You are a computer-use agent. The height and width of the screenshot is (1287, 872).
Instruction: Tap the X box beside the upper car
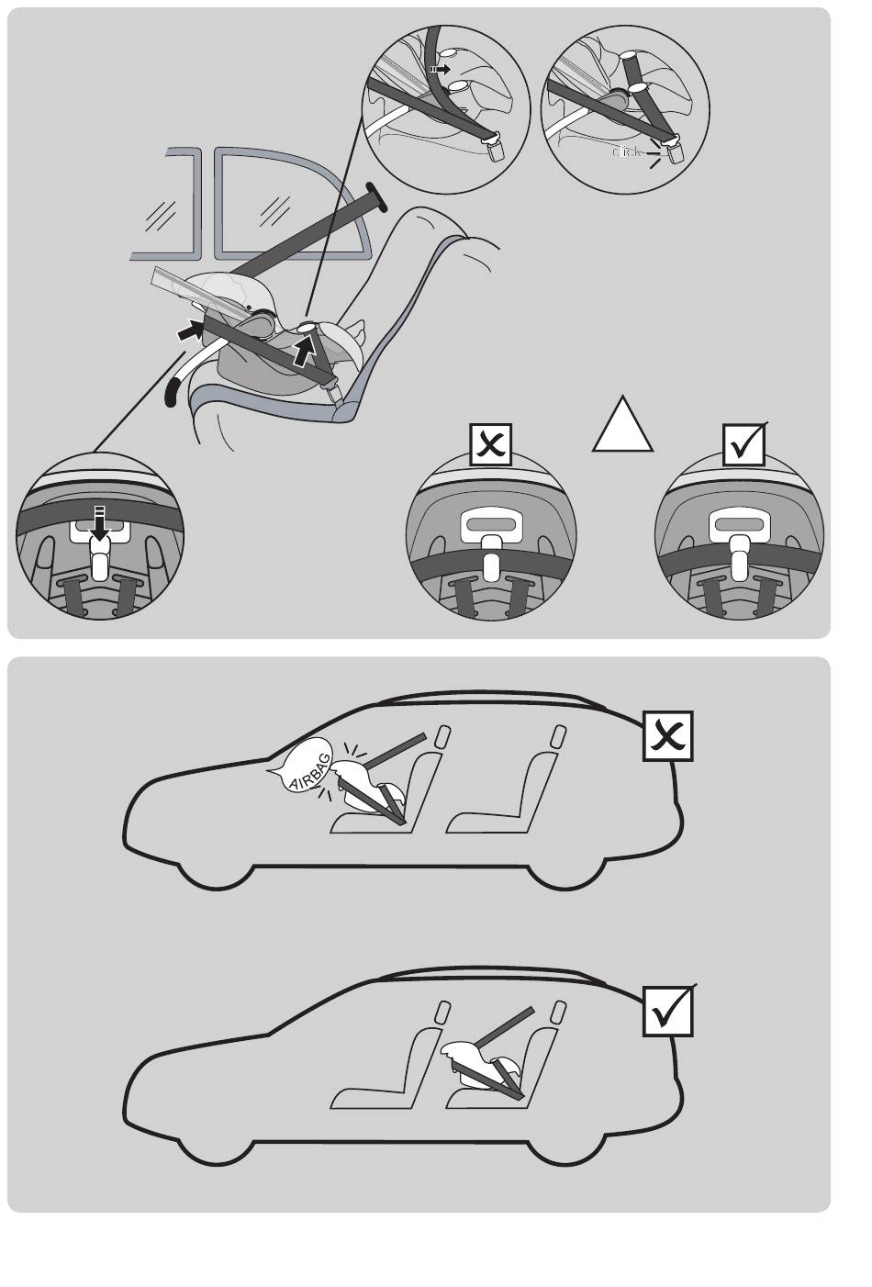[667, 735]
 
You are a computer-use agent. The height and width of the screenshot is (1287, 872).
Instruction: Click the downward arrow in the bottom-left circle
[100, 522]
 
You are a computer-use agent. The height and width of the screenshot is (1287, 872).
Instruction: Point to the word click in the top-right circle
[629, 151]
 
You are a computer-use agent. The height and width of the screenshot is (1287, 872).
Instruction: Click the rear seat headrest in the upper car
[556, 737]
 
